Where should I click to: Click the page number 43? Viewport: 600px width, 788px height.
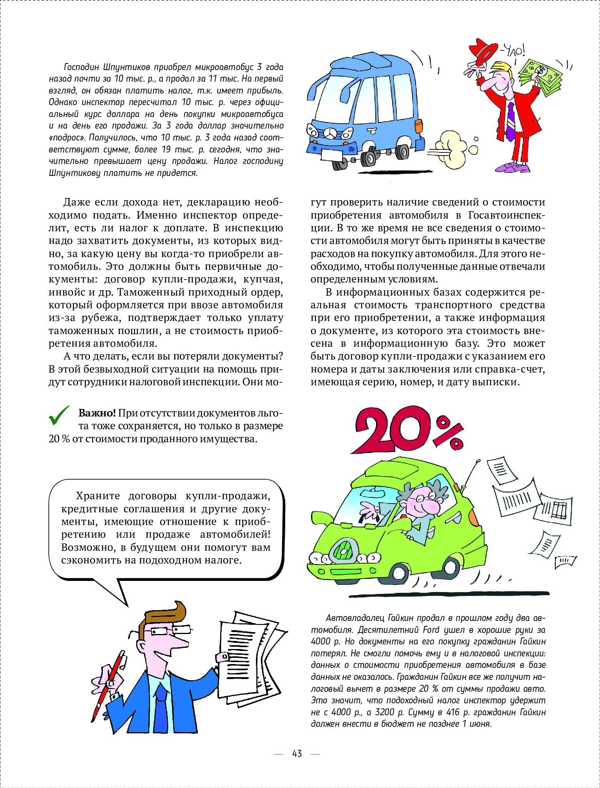point(297,753)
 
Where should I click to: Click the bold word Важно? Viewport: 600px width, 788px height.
point(97,413)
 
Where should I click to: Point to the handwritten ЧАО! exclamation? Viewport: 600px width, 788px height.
point(513,50)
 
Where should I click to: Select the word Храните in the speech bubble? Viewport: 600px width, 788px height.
point(98,496)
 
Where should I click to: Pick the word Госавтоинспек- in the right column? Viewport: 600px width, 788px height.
point(506,215)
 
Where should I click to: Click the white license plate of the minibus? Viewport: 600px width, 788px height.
point(332,154)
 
